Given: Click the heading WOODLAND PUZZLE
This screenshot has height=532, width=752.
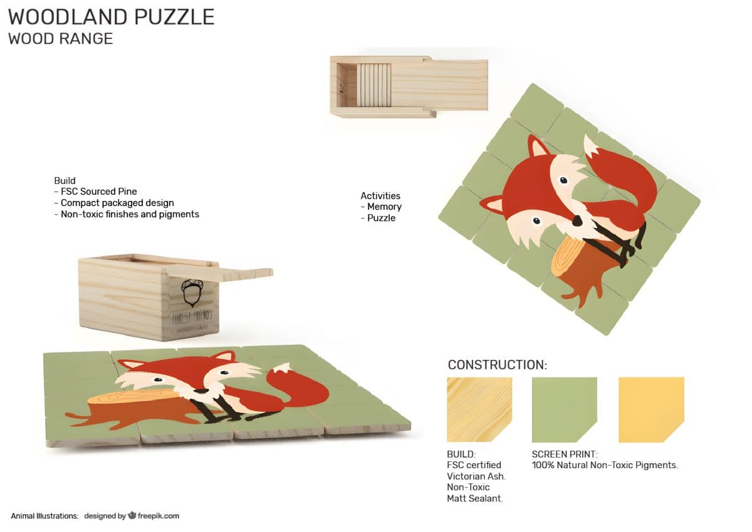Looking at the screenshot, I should click(x=111, y=17).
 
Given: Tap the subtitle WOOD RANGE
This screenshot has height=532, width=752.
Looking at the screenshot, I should click(x=61, y=39).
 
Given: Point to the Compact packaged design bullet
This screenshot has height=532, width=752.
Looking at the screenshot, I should click(x=117, y=203).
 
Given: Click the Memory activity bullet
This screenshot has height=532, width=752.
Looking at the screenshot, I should click(x=384, y=207).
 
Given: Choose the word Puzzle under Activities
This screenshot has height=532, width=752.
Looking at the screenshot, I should click(x=381, y=218).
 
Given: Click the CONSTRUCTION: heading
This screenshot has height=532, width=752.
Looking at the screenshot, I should click(x=497, y=365).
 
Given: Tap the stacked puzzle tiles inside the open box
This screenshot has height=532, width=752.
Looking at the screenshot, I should click(x=374, y=85).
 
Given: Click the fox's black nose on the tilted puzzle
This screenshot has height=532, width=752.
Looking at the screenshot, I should click(x=577, y=221).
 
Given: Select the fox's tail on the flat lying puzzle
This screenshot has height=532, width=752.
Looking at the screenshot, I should click(x=298, y=388).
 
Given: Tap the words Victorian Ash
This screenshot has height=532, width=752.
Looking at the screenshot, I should click(x=476, y=476).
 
